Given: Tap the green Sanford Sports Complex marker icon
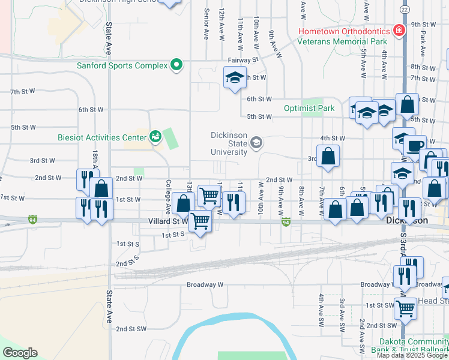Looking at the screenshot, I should click(176, 65).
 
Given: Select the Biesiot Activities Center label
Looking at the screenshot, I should click(102, 137).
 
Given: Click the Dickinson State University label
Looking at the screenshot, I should click(228, 143).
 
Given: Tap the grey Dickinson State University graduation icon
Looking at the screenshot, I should click(256, 142).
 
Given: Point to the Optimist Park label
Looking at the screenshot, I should click(309, 109).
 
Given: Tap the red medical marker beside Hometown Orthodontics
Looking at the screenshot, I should click(397, 30).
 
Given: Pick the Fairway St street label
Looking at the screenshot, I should click(243, 60).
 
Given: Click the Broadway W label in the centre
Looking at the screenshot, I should click(205, 284).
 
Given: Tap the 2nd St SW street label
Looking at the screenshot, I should click(131, 329).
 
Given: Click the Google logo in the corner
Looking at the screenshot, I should click(20, 353).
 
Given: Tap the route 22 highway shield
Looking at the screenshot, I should click(405, 10).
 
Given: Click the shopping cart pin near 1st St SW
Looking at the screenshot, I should click(406, 309).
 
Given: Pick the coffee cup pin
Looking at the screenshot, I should click(414, 146).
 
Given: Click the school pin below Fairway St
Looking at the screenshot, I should click(235, 77).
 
